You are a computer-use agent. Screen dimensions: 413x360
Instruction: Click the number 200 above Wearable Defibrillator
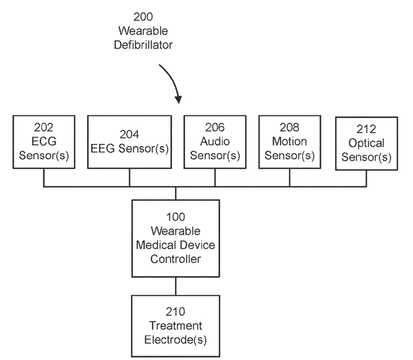point(143,17)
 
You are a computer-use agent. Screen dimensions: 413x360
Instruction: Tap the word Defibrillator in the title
point(143,45)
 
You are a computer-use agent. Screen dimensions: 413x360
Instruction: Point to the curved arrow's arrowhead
point(178,99)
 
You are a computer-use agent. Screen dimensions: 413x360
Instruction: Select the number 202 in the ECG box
point(44,127)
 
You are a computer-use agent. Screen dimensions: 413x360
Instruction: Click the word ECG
point(44,141)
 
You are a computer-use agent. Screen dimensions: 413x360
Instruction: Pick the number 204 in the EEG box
point(130,134)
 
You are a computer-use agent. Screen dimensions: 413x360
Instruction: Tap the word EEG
point(102,148)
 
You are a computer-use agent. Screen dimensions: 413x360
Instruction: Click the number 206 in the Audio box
point(215,127)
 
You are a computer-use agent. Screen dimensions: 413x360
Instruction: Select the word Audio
point(215,141)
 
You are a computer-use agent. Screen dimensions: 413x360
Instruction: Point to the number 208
point(289,127)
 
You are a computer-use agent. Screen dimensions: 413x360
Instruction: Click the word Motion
point(289,141)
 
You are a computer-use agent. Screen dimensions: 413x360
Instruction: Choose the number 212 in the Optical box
point(366,129)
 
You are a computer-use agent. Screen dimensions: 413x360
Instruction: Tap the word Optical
point(366,144)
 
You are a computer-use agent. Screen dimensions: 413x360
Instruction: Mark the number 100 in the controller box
point(175,217)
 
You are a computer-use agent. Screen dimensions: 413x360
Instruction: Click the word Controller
point(175,259)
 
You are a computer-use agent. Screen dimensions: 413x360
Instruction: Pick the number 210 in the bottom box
point(175,312)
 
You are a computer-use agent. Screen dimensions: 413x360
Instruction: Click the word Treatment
point(175,326)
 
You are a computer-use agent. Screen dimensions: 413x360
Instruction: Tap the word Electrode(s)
point(175,340)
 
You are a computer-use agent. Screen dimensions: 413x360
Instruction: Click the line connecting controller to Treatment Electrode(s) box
point(176,286)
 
